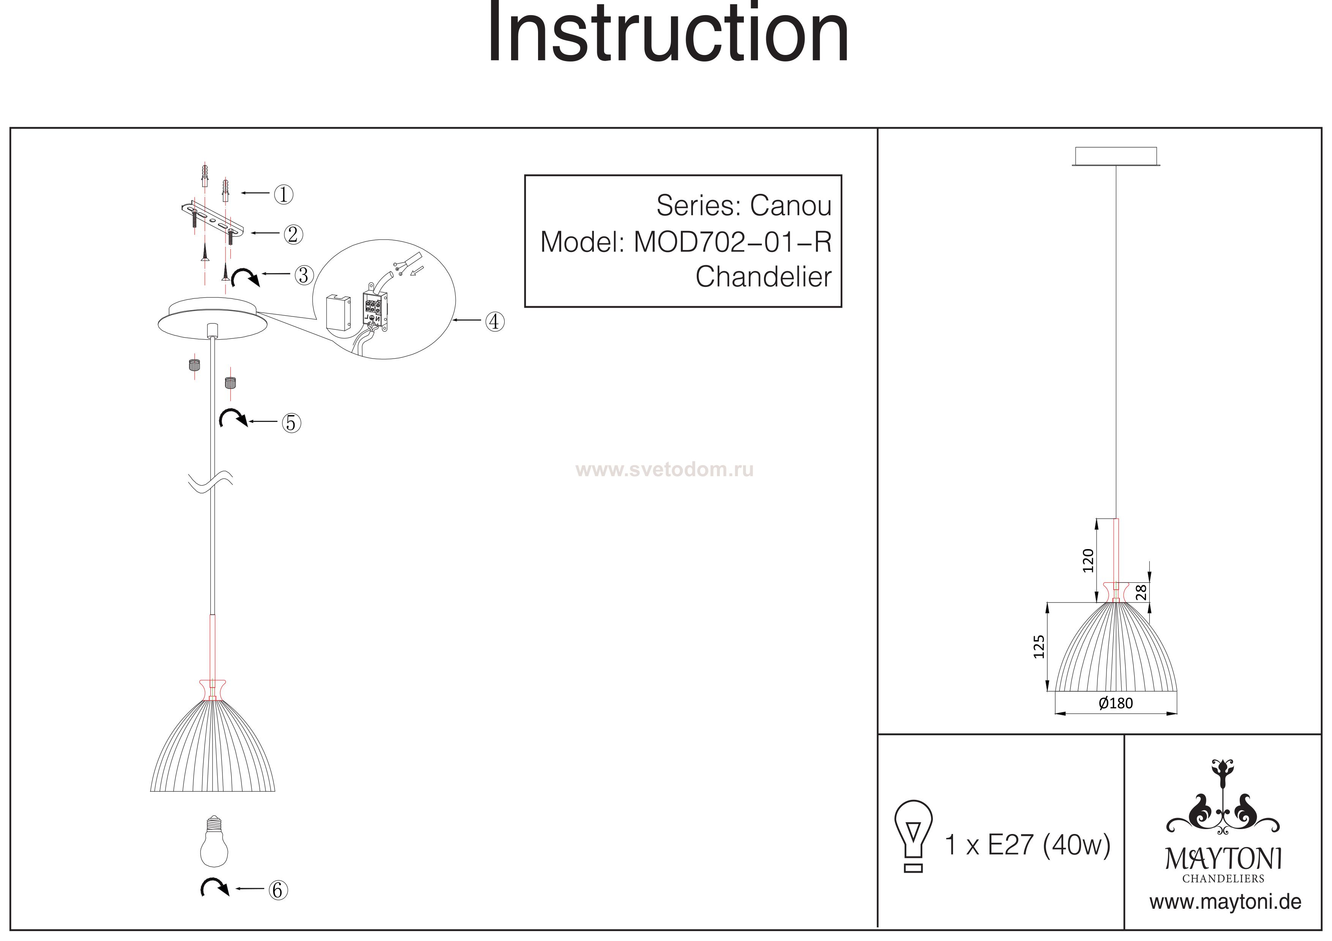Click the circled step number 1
pyautogui.click(x=283, y=194)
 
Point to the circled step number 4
pyautogui.click(x=494, y=321)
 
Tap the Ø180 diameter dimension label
pyautogui.click(x=1115, y=703)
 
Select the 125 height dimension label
pyautogui.click(x=1038, y=647)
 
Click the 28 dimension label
pyautogui.click(x=1141, y=592)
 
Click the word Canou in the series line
pyautogui.click(x=790, y=205)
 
